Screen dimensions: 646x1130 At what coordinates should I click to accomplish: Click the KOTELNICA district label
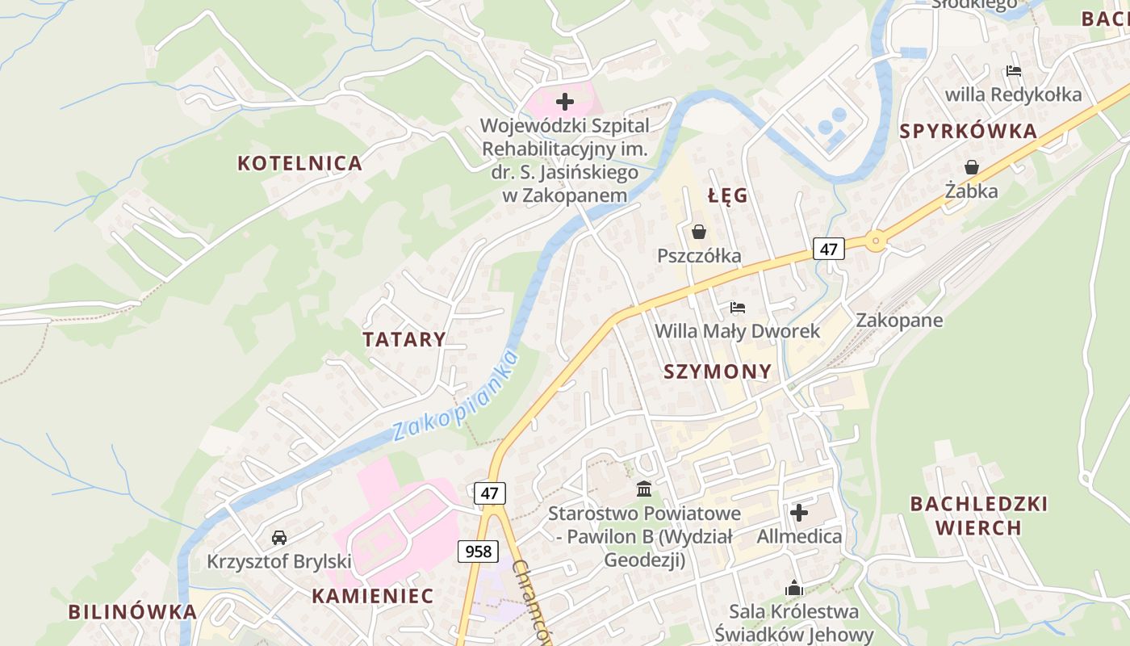point(299,163)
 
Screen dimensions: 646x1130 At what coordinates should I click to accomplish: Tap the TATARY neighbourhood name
point(404,339)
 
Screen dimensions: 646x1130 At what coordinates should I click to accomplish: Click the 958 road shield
point(478,552)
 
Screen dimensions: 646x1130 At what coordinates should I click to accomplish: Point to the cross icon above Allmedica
point(799,513)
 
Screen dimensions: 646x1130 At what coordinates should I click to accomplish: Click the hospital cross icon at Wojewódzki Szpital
point(565,102)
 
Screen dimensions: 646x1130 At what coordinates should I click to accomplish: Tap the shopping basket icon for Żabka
point(972,167)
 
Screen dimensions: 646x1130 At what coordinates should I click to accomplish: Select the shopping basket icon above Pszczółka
point(699,233)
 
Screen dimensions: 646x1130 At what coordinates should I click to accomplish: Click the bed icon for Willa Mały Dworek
point(737,308)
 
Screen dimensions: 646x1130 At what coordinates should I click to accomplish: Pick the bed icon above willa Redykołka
point(1014,71)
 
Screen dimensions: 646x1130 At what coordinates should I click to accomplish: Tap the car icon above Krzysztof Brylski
point(279,537)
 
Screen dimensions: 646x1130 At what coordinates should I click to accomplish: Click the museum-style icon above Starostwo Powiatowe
point(644,489)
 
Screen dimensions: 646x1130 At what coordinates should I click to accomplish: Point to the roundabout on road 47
point(876,240)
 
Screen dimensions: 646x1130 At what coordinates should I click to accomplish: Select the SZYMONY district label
point(718,371)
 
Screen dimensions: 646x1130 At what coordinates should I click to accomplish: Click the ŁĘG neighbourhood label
point(728,195)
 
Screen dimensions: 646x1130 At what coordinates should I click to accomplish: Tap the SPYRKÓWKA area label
point(968,132)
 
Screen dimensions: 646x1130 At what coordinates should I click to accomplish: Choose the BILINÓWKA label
point(132,611)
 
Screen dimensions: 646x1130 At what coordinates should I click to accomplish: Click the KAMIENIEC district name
point(373,596)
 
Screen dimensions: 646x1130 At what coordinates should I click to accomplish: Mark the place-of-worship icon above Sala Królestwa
point(794,588)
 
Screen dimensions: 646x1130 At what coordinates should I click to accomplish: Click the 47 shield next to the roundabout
point(828,249)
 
